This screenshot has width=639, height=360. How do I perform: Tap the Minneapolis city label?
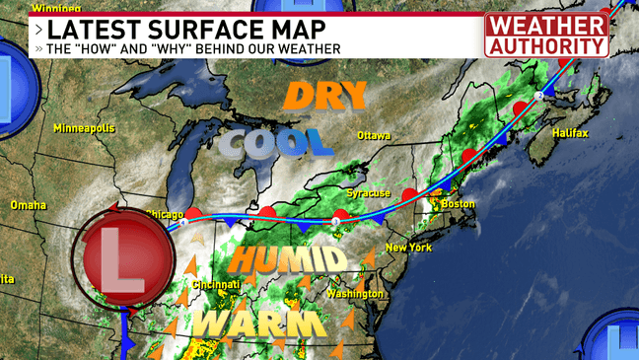84,129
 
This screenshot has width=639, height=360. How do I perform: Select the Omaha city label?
28,205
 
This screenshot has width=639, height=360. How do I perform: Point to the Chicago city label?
165,213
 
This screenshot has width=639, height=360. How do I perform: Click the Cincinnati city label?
216,285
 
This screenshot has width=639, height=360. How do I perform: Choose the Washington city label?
354,294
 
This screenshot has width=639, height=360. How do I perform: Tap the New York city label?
408,247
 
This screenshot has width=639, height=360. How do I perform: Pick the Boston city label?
459,204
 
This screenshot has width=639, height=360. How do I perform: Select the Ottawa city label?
374,135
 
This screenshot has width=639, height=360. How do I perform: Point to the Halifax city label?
571,132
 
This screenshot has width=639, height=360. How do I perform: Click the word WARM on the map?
258,324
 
